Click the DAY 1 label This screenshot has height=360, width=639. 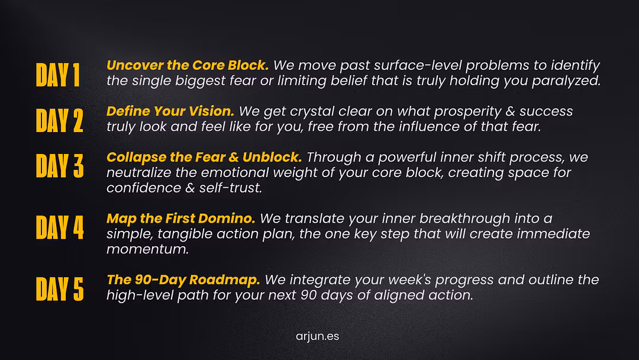click(58, 75)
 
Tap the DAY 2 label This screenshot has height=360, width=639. click(60, 121)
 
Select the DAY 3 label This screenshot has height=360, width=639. click(60, 166)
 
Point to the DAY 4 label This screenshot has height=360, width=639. click(60, 227)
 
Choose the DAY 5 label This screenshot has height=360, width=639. click(60, 289)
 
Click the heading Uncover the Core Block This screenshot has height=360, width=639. click(188, 65)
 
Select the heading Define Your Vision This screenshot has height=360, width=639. click(170, 111)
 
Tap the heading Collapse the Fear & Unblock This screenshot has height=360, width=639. click(204, 157)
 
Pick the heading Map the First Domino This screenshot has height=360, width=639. click(181, 218)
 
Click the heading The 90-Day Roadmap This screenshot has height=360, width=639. click(183, 279)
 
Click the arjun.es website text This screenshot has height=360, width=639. click(318, 336)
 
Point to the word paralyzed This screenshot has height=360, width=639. click(566, 81)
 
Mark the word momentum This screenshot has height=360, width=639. click(147, 249)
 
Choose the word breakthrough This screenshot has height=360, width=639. click(464, 218)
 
